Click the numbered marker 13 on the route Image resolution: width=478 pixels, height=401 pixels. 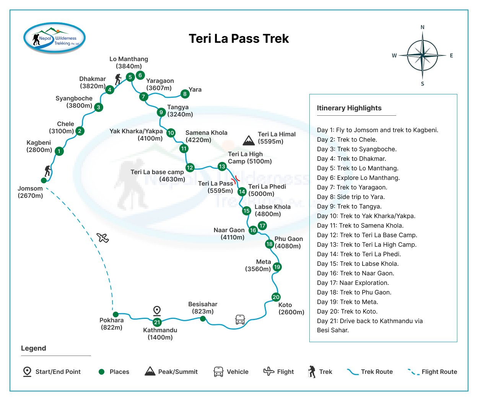click(222, 167)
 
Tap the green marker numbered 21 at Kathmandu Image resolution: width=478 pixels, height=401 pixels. click(157, 322)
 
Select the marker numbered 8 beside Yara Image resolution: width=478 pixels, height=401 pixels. click(185, 94)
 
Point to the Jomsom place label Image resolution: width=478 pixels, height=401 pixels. click(30, 192)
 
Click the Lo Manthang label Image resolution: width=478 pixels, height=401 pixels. click(128, 63)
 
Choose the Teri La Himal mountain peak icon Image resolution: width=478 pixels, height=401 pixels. click(249, 140)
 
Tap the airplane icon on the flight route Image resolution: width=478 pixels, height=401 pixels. click(103, 238)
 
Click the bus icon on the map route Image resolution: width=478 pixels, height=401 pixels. click(240, 320)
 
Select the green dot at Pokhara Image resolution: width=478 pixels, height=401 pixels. click(115, 315)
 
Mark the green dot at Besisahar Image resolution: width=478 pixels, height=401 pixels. click(203, 319)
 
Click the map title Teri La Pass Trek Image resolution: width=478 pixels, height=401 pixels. click(239, 39)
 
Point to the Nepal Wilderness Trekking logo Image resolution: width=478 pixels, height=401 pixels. click(54, 38)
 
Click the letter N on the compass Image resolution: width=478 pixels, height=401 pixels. click(423, 27)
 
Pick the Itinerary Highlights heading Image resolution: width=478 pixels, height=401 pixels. click(349, 108)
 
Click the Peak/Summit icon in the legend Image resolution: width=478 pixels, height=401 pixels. click(150, 371)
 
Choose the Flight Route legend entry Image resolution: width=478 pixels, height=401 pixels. click(432, 372)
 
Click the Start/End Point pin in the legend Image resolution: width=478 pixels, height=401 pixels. click(27, 372)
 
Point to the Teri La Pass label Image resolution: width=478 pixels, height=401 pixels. click(216, 187)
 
